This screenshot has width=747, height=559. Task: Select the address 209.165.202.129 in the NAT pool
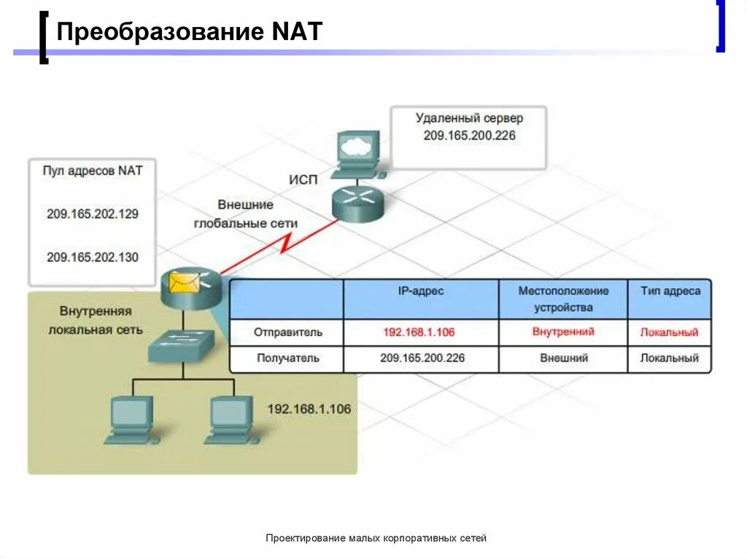click(x=92, y=214)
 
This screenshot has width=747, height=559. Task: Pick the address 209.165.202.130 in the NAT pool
click(x=92, y=257)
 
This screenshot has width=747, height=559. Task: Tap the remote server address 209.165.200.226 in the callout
click(x=469, y=136)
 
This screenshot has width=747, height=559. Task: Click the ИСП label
click(x=303, y=180)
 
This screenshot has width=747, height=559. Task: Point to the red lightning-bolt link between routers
click(x=285, y=244)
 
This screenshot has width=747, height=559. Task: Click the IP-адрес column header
click(x=421, y=292)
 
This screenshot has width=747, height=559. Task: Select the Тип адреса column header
click(x=670, y=292)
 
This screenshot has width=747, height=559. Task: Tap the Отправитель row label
click(x=287, y=332)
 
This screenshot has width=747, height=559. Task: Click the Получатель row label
click(x=287, y=359)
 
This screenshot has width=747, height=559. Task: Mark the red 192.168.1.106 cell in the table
click(x=419, y=332)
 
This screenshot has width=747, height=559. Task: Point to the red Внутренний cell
click(x=563, y=332)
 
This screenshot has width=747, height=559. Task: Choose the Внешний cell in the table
click(x=564, y=359)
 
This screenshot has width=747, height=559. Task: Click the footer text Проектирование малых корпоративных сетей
click(x=376, y=539)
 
